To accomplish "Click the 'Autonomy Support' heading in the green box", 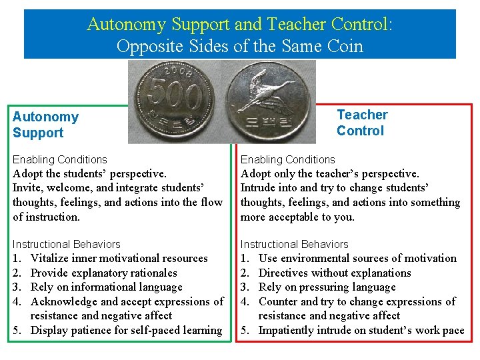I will coord(45,125).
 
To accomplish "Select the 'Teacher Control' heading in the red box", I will coord(361,123).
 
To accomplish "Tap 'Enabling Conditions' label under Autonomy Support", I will coord(59,159).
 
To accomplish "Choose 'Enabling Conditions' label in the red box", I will coord(287,159).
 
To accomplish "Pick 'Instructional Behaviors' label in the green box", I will coord(66,244).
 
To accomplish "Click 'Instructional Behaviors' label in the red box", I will coord(294,244).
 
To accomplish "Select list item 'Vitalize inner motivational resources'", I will coord(119,258).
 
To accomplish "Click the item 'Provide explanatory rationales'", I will coord(104,273).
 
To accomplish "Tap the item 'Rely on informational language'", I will coord(106,287).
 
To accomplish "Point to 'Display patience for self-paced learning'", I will coord(127,330).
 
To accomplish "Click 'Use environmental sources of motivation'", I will coord(357,258).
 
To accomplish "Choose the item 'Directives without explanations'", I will coord(335,273).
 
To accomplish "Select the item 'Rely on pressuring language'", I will coord(327,287).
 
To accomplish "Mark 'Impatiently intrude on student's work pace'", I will coord(361,330).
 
